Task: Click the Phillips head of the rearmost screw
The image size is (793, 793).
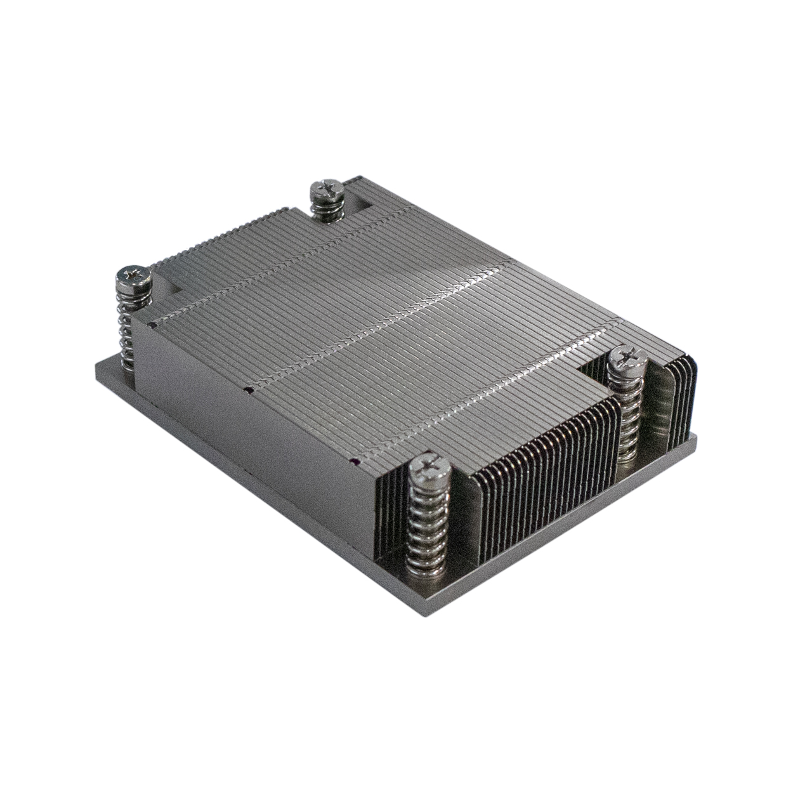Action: click(326, 190)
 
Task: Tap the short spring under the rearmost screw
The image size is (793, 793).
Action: click(327, 211)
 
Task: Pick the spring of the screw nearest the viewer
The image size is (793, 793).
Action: click(429, 520)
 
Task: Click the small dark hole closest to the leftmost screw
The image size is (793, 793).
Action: click(152, 325)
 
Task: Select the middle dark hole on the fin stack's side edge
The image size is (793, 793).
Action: click(249, 389)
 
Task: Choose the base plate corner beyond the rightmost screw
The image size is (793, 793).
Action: click(696, 436)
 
